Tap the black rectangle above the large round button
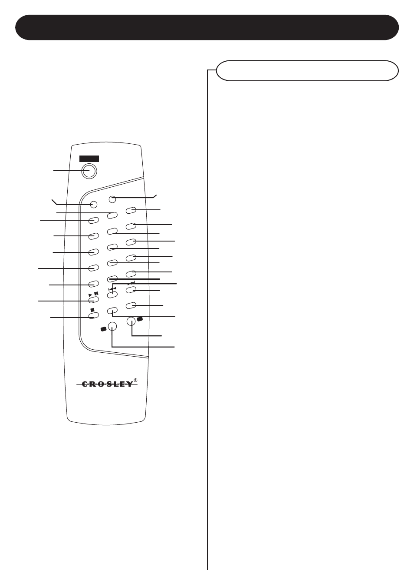pos(89,159)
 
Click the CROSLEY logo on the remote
pos(107,384)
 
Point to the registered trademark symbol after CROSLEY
pos(135,380)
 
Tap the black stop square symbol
pos(92,310)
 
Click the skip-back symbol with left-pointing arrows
pos(112,288)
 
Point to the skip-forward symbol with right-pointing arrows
pos(131,283)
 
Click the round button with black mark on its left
pos(112,326)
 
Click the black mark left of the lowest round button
pos(103,329)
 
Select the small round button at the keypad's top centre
pos(112,199)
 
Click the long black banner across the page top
pos(207,27)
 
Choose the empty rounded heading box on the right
pos(307,71)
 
